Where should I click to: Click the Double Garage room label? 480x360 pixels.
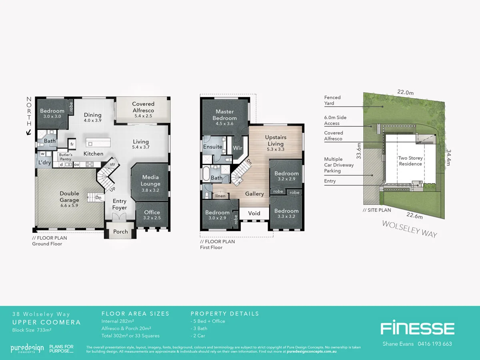click(x=69, y=196)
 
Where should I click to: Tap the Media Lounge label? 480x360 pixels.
click(x=150, y=180)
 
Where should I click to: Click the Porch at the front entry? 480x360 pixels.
click(x=120, y=232)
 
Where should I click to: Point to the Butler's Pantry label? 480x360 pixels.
click(x=65, y=156)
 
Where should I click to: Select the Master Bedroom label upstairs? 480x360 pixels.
click(x=224, y=115)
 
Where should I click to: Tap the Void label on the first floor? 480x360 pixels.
click(x=254, y=213)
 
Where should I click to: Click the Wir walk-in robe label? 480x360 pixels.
click(x=237, y=148)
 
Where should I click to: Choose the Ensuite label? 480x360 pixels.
click(x=213, y=147)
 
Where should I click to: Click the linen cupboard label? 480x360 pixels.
click(x=220, y=196)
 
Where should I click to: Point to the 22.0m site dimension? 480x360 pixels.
click(x=405, y=92)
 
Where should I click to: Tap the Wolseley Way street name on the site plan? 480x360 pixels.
click(x=410, y=229)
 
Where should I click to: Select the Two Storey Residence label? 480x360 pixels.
click(x=410, y=161)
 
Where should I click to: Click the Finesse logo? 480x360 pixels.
click(x=417, y=328)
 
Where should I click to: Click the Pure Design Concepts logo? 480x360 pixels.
click(x=27, y=348)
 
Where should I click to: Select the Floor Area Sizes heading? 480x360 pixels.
click(x=135, y=314)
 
